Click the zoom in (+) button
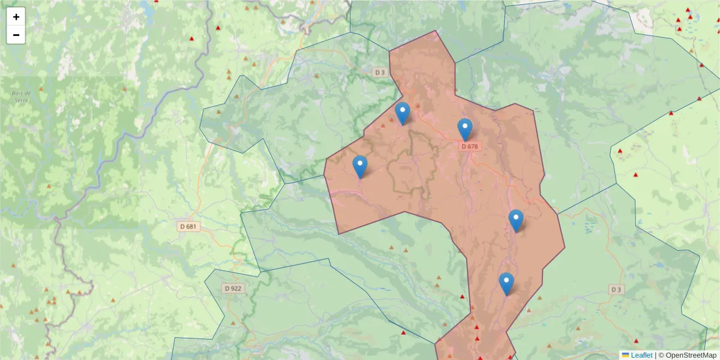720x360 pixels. pyautogui.click(x=16, y=17)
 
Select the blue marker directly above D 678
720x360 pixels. pyautogui.click(x=464, y=128)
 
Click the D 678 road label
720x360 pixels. pyautogui.click(x=470, y=146)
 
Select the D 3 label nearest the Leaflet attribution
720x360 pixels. pyautogui.click(x=616, y=289)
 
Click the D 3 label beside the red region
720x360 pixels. pyautogui.click(x=379, y=72)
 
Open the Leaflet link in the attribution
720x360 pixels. pyautogui.click(x=641, y=355)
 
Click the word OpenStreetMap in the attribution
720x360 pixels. pyautogui.click(x=691, y=355)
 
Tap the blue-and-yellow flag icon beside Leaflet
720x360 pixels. pyautogui.click(x=625, y=355)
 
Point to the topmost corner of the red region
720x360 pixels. pyautogui.click(x=436, y=31)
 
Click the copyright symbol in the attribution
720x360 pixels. pyautogui.click(x=661, y=355)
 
